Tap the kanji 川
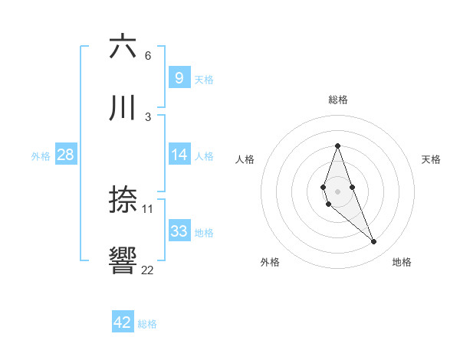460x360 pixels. point(123,108)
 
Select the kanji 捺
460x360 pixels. point(123,200)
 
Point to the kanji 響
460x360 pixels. point(123,261)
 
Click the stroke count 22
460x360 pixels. point(147,270)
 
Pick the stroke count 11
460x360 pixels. point(148,208)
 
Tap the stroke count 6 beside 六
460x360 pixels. point(148,55)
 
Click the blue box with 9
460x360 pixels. point(179,77)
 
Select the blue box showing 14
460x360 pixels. point(179,155)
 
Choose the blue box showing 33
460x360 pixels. point(179,231)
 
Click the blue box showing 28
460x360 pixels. point(65,155)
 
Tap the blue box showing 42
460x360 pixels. point(123,322)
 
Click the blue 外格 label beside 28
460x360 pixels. point(41,155)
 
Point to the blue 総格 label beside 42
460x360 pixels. point(147,324)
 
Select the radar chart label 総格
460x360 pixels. point(338,100)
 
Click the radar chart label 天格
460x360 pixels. point(432,159)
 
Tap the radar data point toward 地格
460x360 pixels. point(374,242)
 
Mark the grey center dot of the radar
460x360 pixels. point(338,191)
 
